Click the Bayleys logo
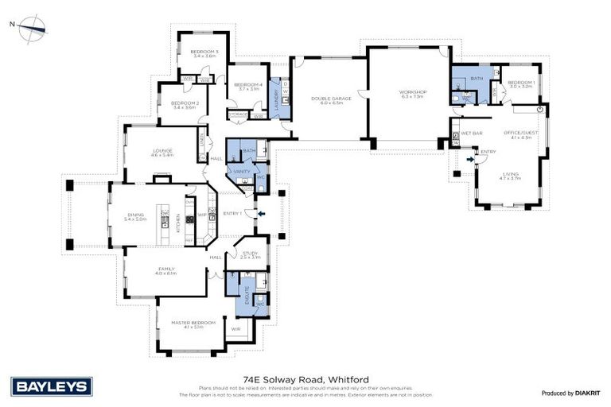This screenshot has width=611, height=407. [53, 387]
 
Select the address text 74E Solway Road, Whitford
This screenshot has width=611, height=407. [305, 380]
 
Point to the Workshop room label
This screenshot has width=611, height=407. [413, 93]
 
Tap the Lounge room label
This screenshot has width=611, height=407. [163, 151]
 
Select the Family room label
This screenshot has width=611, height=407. [165, 269]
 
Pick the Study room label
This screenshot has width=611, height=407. [250, 254]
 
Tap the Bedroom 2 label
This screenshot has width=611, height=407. [185, 103]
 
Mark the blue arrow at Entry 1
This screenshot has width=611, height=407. [257, 213]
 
